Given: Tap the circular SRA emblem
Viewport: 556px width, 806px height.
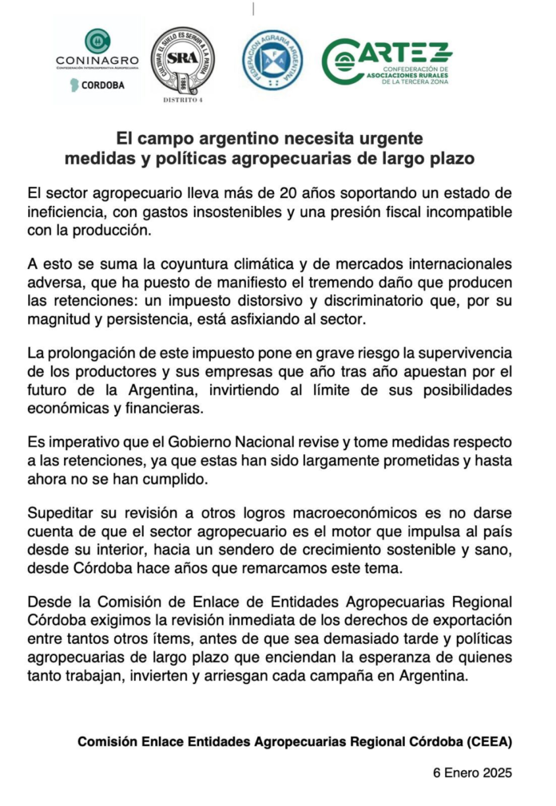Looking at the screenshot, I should (x=182, y=61).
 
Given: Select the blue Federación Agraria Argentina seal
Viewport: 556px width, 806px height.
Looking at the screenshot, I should (x=272, y=60).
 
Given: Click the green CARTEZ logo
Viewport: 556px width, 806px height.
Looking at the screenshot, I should (x=387, y=61).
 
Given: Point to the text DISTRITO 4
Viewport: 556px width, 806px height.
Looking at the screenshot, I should (x=182, y=101).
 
